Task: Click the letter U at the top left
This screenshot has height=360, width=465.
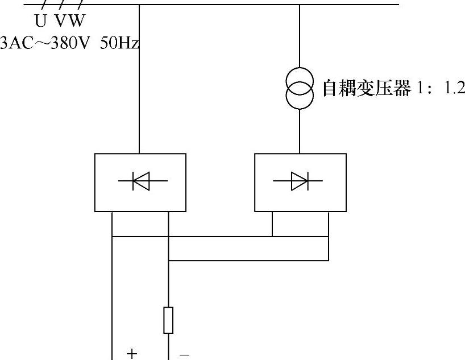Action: tap(40, 22)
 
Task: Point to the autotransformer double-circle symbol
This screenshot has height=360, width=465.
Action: tap(300, 89)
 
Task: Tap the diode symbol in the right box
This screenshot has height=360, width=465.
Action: tap(299, 181)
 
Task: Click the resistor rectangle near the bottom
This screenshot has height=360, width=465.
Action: tap(168, 320)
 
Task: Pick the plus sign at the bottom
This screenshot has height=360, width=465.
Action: tap(132, 354)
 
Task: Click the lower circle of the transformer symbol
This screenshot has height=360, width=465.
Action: tap(300, 97)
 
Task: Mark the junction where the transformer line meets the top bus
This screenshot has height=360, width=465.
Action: tap(300, 5)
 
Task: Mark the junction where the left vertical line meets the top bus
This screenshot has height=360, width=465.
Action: tap(140, 5)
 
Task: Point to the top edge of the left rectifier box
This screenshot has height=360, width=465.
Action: tap(140, 154)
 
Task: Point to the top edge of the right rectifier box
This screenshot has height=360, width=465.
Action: tap(300, 154)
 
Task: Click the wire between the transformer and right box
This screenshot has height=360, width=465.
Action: tap(300, 131)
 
